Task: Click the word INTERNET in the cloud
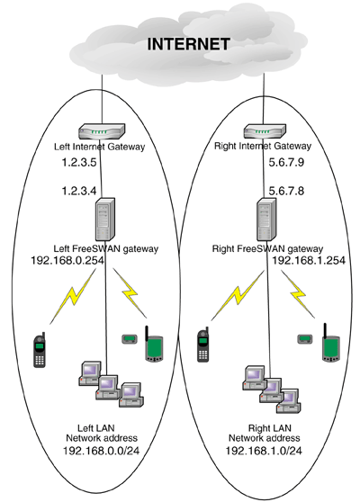pyautogui.click(x=188, y=44)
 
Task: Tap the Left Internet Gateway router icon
pyautogui.click(x=102, y=132)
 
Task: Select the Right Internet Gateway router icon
pyautogui.click(x=265, y=131)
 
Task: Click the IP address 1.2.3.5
pyautogui.click(x=79, y=162)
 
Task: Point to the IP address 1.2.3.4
pyautogui.click(x=79, y=191)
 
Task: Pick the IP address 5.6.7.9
pyautogui.click(x=286, y=162)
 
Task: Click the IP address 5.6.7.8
pyautogui.click(x=286, y=191)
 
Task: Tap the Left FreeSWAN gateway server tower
pyautogui.click(x=105, y=220)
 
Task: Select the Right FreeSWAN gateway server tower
pyautogui.click(x=266, y=220)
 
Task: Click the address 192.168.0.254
pyautogui.click(x=67, y=260)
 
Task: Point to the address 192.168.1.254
pyautogui.click(x=309, y=260)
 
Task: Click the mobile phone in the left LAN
pyautogui.click(x=40, y=350)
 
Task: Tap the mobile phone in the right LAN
pyautogui.click(x=203, y=345)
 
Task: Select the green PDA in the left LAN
pyautogui.click(x=154, y=345)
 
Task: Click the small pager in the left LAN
pyautogui.click(x=130, y=339)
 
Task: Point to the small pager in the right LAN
pyautogui.click(x=305, y=339)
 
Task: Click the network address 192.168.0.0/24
pyautogui.click(x=102, y=451)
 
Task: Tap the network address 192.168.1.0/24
pyautogui.click(x=264, y=451)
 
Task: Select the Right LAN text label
pyautogui.click(x=270, y=428)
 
